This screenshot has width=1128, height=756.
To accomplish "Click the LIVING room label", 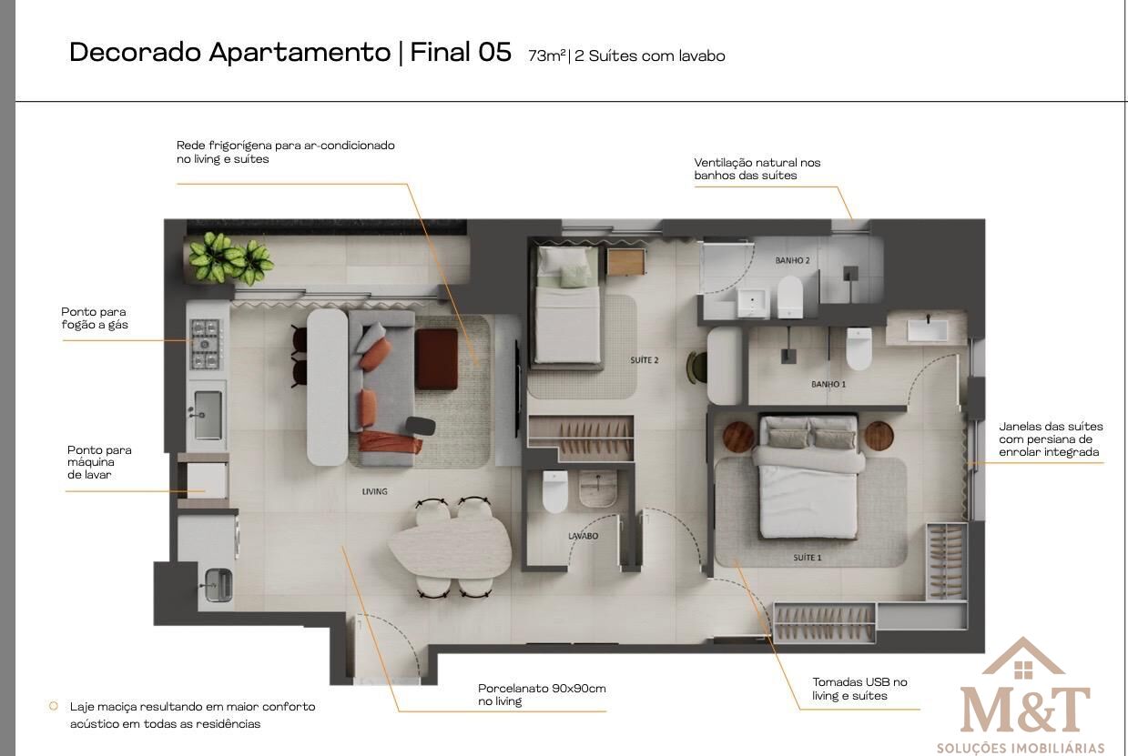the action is pyautogui.click(x=375, y=491).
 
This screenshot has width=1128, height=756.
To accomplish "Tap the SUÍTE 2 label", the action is pyautogui.click(x=644, y=360).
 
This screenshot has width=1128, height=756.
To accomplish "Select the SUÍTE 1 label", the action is pyautogui.click(x=808, y=557).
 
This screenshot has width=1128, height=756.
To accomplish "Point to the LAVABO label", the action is pyautogui.click(x=584, y=536).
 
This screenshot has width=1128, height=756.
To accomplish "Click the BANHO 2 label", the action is pyautogui.click(x=792, y=260).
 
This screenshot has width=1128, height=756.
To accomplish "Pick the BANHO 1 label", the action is pyautogui.click(x=828, y=384).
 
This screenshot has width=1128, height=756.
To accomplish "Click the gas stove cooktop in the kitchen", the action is pyautogui.click(x=205, y=344).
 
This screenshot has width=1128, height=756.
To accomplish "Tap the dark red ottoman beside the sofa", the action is pyautogui.click(x=436, y=358).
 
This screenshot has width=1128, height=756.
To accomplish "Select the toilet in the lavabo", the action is pyautogui.click(x=555, y=491).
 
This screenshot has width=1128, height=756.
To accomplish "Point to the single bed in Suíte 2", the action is pyautogui.click(x=567, y=305).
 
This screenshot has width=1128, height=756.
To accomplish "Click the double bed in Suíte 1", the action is pyautogui.click(x=808, y=477).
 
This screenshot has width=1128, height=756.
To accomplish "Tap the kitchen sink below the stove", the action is pyautogui.click(x=208, y=415).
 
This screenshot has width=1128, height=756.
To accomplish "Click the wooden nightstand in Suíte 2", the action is pyautogui.click(x=625, y=262).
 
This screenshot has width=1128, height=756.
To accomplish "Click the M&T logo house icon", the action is pyautogui.click(x=1023, y=659).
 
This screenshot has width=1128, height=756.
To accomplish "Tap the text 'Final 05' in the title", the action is pyautogui.click(x=461, y=53).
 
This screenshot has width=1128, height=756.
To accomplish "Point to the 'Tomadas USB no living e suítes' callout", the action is pyautogui.click(x=859, y=689).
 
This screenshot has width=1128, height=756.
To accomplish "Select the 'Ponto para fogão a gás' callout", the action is pyautogui.click(x=95, y=318).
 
